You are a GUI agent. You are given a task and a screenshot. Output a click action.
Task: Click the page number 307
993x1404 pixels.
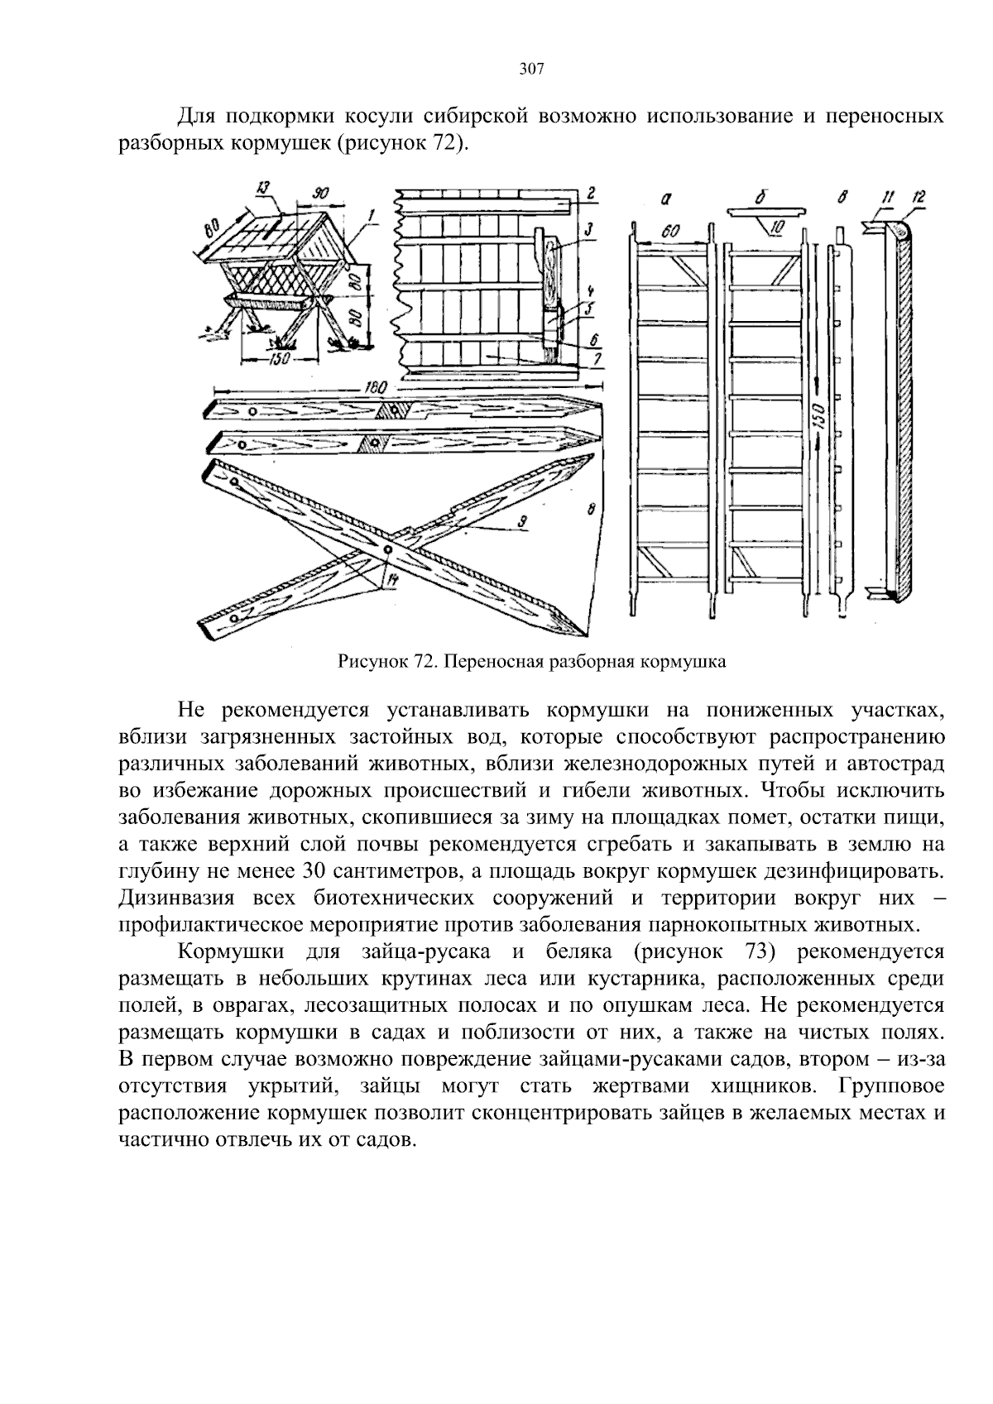(531, 69)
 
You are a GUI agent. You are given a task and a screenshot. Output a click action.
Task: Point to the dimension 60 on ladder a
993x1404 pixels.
(670, 233)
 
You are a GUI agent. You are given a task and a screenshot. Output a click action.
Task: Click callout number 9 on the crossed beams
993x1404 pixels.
(524, 521)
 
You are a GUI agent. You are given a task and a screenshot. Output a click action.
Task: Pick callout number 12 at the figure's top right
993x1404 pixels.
(919, 197)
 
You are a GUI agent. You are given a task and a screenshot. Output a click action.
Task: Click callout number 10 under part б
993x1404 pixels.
(778, 226)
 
